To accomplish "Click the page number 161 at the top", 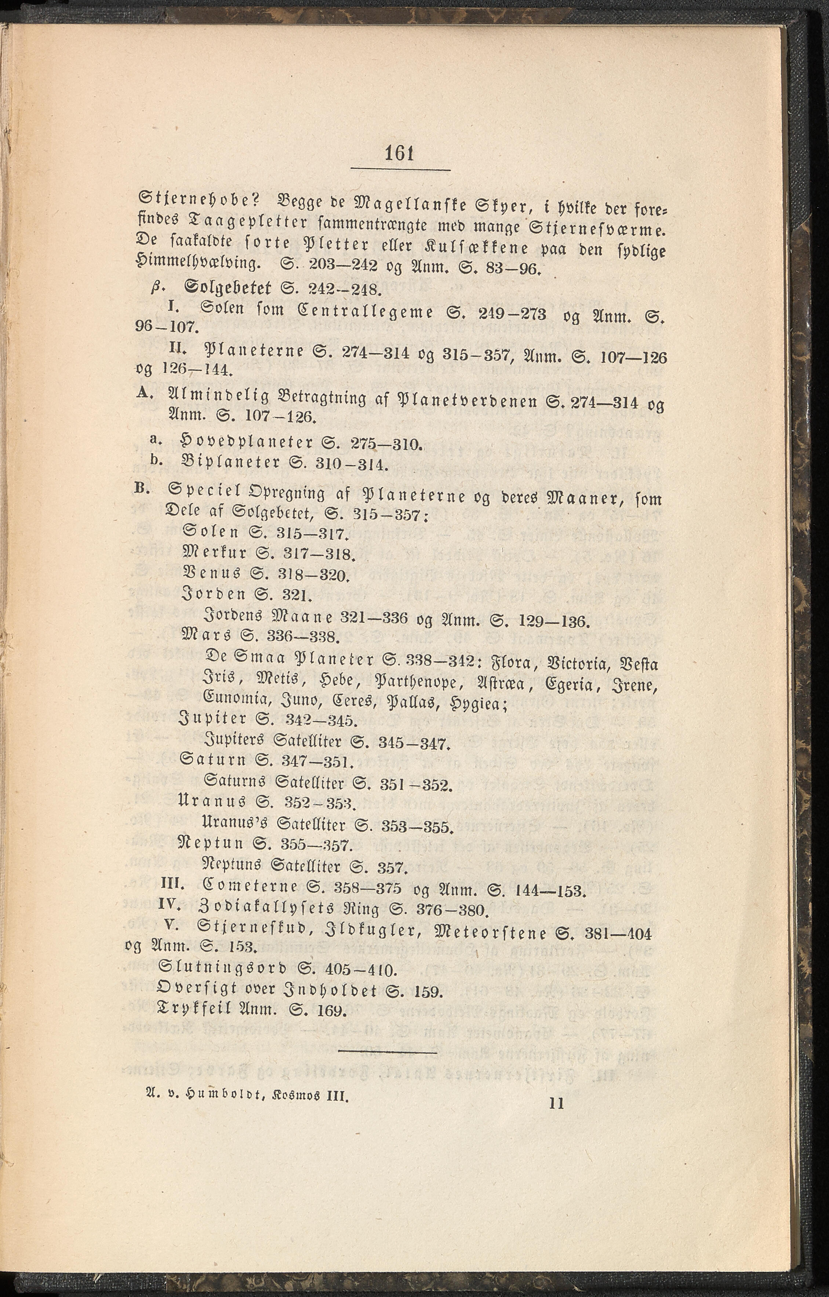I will coord(399,154).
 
